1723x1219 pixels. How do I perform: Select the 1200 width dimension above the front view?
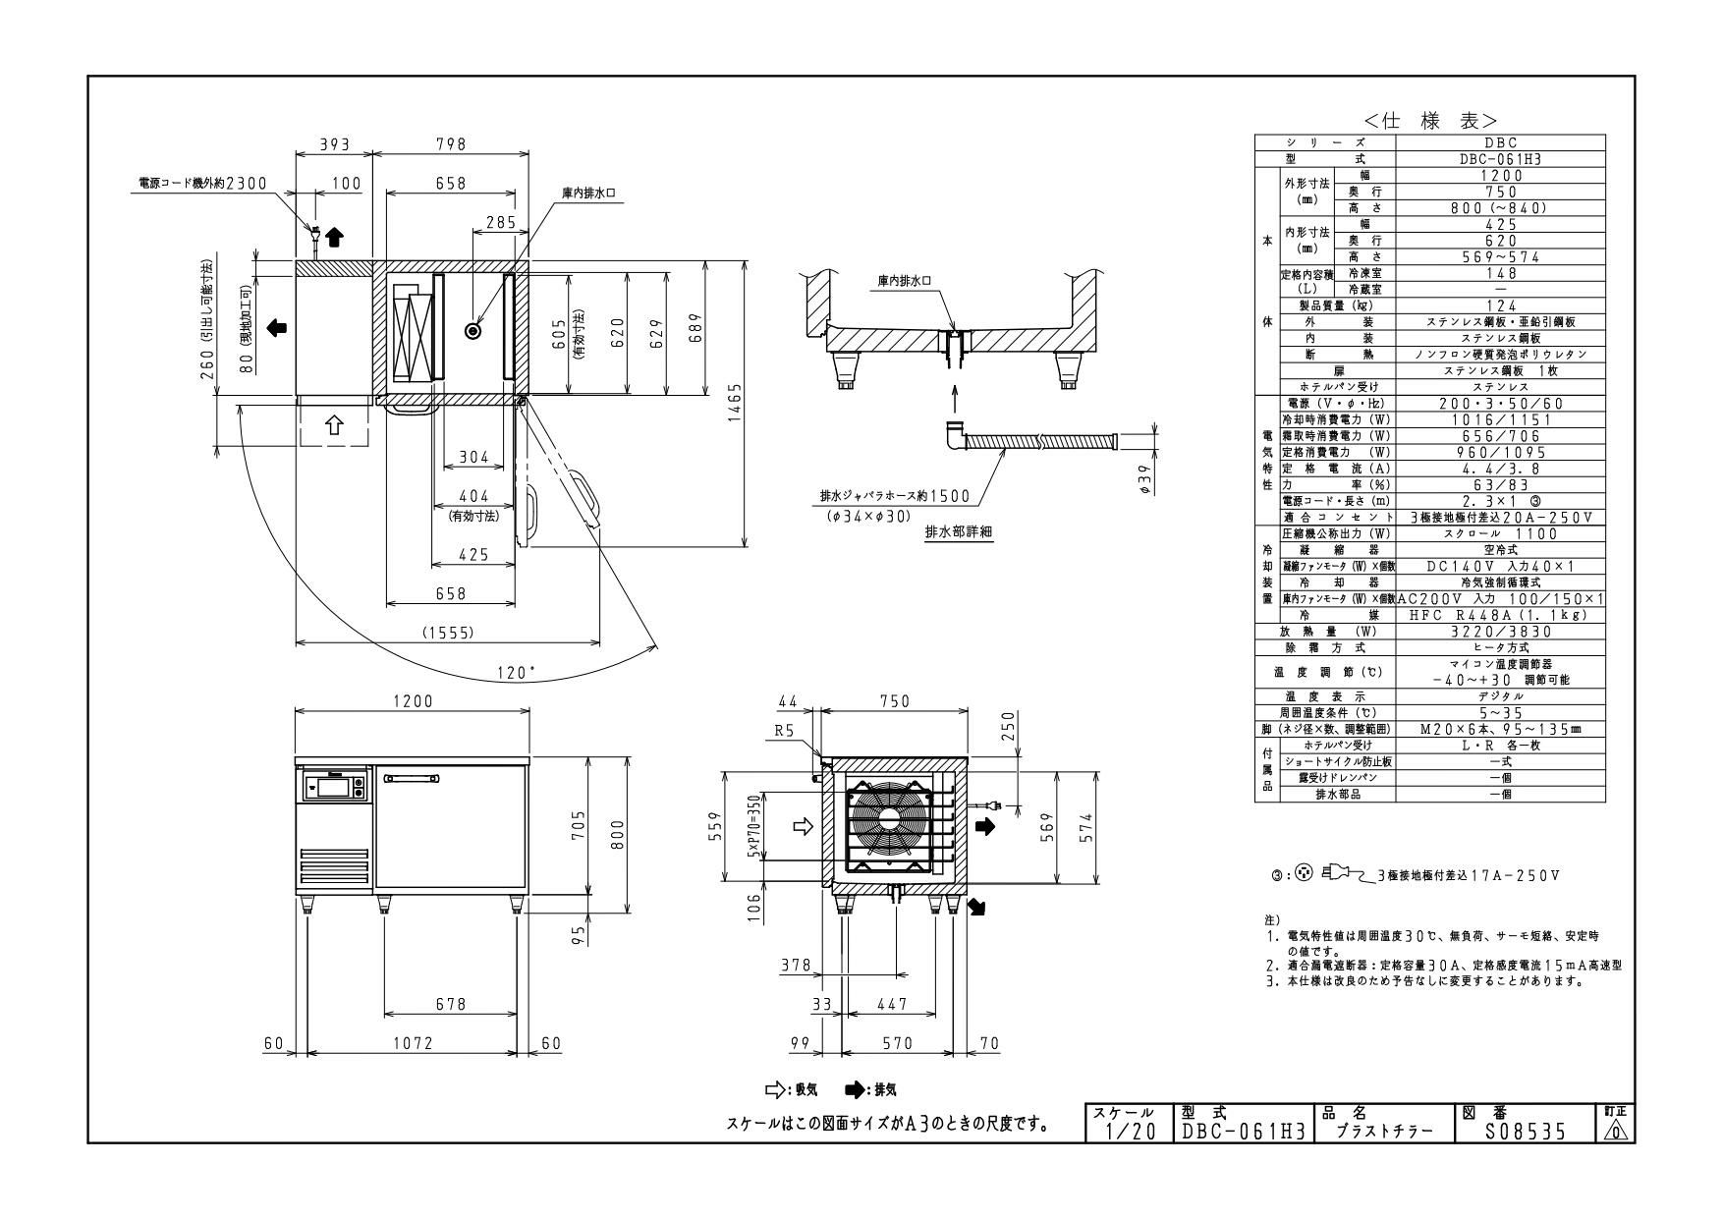(x=413, y=701)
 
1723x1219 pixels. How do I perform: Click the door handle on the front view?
(x=413, y=779)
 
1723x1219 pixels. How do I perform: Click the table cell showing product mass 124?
(x=1499, y=305)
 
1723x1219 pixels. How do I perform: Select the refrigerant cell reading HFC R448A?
(x=1499, y=615)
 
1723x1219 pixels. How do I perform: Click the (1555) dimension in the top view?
(x=448, y=633)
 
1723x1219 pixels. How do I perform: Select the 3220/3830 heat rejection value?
(x=1499, y=632)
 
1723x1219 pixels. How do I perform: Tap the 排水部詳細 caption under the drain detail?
(x=959, y=531)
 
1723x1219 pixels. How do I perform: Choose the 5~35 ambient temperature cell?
(x=1499, y=712)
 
